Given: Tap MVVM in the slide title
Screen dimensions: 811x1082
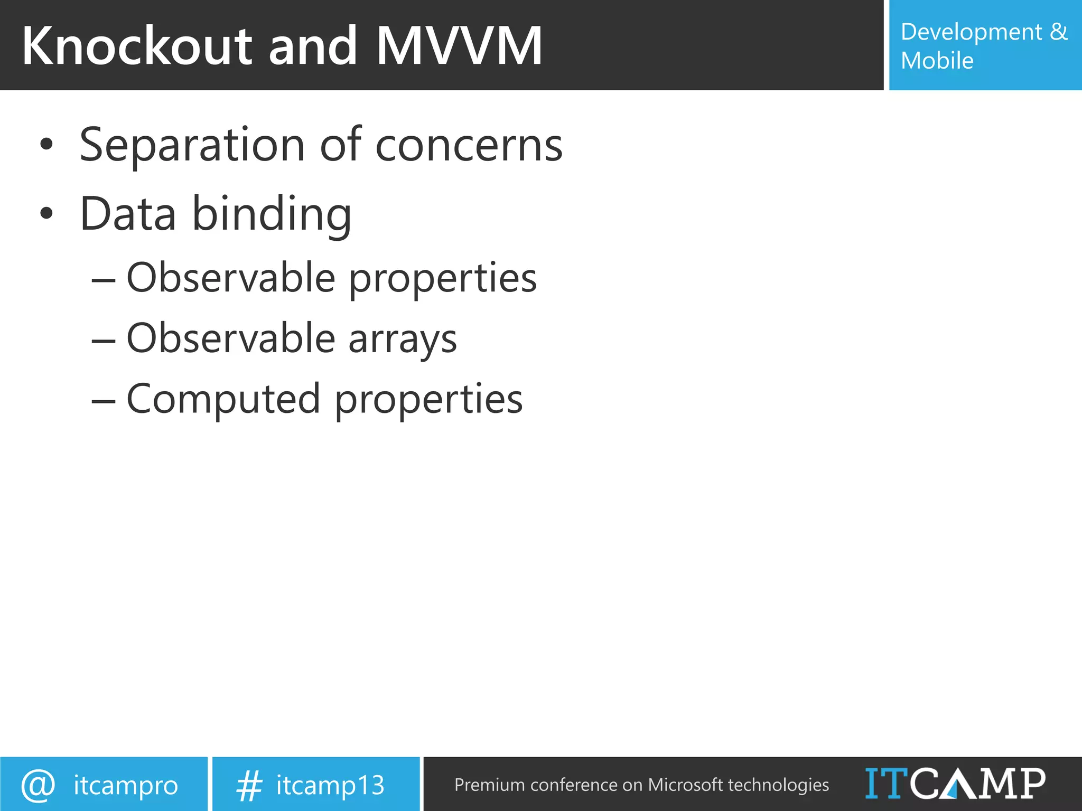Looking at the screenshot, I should (x=459, y=46).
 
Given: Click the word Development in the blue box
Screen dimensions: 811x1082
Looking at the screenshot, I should (x=971, y=33).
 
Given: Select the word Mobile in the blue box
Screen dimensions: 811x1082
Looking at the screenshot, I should (x=937, y=61).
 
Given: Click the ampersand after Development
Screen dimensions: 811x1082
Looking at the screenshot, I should (x=1058, y=32).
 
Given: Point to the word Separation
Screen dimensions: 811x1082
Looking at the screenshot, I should (x=192, y=146).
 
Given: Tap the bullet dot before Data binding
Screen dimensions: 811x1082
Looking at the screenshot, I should (x=46, y=213).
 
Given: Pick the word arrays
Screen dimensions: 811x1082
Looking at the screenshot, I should (x=403, y=340).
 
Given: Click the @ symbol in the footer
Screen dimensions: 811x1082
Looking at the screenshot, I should (x=38, y=785).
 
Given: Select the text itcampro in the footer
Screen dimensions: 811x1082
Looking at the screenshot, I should (x=126, y=786).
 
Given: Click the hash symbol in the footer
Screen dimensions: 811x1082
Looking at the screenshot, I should (x=249, y=785).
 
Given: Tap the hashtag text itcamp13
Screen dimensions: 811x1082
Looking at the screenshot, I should (x=330, y=785).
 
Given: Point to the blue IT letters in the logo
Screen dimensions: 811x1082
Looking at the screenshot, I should (x=887, y=783).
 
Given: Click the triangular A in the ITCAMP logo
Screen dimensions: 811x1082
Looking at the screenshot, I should (x=959, y=784).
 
